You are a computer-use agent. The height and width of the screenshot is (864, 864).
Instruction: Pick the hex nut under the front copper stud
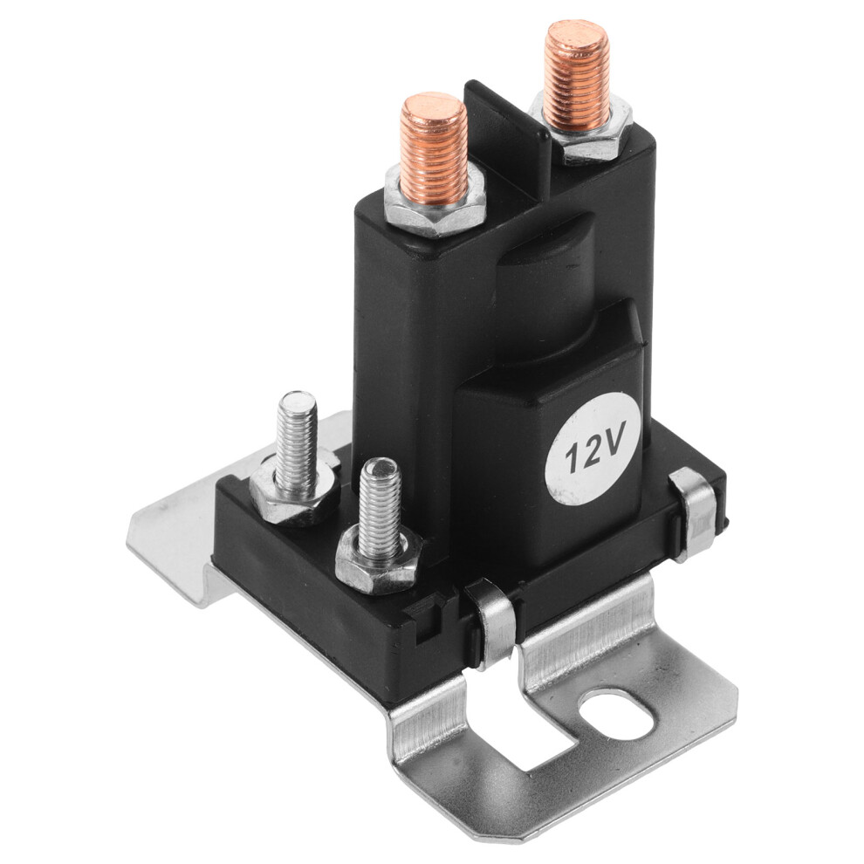[x=435, y=205]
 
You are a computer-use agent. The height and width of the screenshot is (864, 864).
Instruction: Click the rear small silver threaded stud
[x=297, y=441]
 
